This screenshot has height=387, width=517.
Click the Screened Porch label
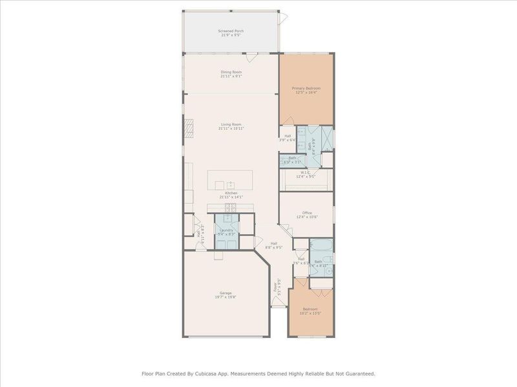(231, 30)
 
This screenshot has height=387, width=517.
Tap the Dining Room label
(231, 72)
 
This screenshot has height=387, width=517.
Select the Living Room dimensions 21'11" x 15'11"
(231, 129)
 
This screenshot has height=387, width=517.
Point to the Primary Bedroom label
(306, 88)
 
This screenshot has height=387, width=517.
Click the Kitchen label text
(231, 193)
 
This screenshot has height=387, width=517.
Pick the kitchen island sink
(229, 184)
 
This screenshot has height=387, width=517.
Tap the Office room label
(307, 212)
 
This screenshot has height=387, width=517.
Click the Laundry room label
(226, 230)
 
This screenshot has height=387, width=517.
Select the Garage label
(224, 292)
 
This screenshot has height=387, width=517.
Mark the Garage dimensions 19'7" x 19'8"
(224, 297)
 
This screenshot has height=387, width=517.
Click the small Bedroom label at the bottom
(311, 310)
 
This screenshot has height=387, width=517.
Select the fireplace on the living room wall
(188, 128)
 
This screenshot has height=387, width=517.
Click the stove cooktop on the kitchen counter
(231, 207)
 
